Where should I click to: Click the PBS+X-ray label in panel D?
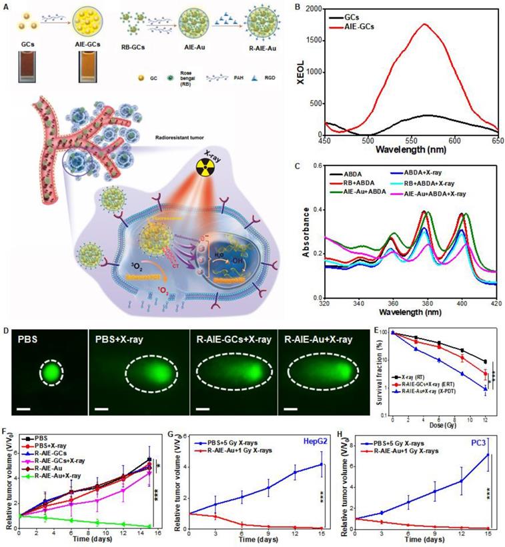[x=117, y=335]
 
